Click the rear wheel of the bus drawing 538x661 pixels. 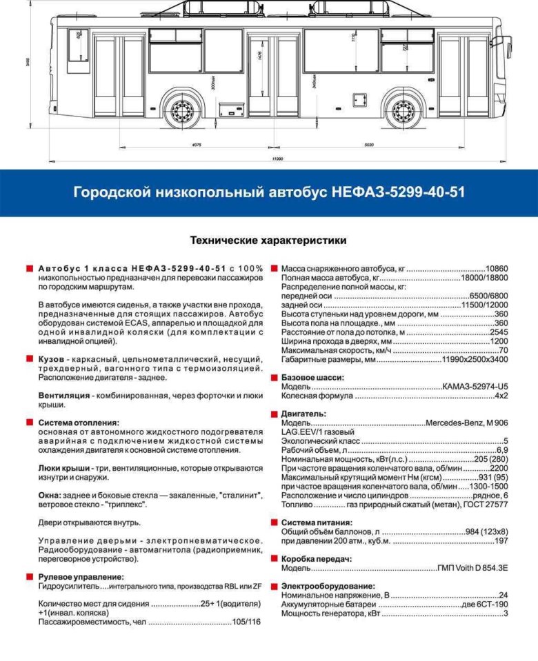point(182,110)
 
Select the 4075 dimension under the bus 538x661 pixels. point(197,145)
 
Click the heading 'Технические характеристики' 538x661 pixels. point(268,241)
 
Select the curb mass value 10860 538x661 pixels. point(497,268)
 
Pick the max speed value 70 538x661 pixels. point(503,350)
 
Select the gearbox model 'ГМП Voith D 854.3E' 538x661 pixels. point(472,568)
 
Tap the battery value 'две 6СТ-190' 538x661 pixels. point(484,604)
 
